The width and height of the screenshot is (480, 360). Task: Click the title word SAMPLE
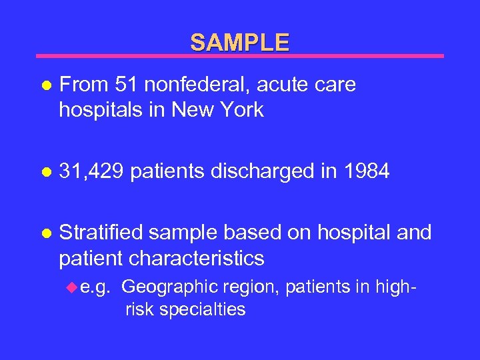tap(240, 43)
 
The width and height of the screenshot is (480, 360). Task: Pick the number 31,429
tap(92, 171)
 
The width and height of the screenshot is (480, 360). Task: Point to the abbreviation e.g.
tap(95, 287)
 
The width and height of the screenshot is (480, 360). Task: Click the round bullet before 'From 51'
tap(45, 86)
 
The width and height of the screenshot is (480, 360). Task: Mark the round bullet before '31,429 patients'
tap(45, 173)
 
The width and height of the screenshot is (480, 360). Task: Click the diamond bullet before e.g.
tap(73, 287)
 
